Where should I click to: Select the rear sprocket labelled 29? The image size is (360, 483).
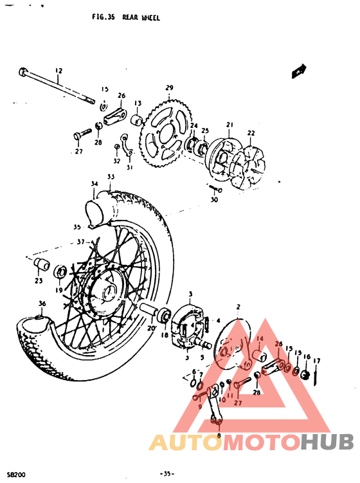[x=166, y=134]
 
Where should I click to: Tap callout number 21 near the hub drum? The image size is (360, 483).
[x=227, y=125]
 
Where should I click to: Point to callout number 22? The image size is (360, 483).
[x=251, y=133]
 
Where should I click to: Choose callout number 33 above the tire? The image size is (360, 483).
[x=111, y=177]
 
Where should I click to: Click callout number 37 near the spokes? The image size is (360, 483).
[x=81, y=242]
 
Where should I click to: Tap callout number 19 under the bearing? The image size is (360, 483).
[x=59, y=290]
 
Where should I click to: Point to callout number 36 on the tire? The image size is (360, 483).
[x=42, y=304]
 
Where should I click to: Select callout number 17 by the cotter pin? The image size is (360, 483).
[x=316, y=361]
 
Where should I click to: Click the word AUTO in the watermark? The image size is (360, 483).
[x=186, y=442]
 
